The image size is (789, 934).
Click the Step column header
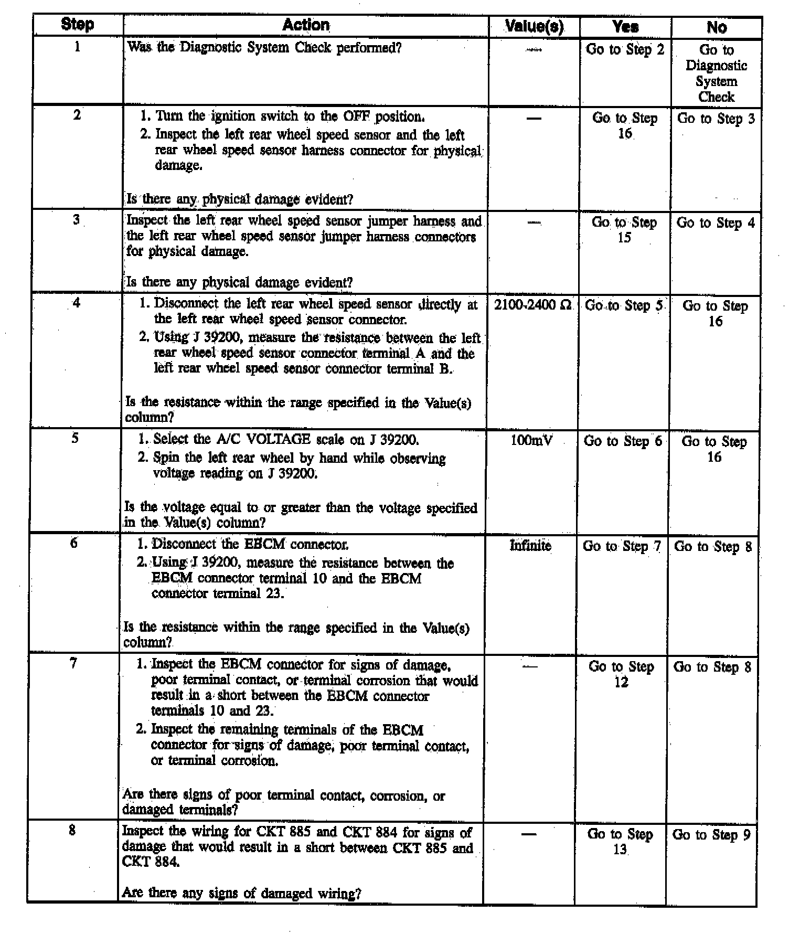point(78,25)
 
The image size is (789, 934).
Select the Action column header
point(306,25)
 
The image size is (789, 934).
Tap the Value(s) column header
point(534,26)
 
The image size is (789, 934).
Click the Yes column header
point(625,27)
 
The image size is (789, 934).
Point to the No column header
point(717,27)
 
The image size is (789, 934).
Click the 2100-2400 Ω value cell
point(532,305)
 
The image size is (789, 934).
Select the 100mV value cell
point(531,440)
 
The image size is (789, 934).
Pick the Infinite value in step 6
point(530,546)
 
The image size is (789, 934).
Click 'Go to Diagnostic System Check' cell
point(716,73)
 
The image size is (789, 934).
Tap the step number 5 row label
point(75,438)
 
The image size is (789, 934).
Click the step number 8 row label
point(72,831)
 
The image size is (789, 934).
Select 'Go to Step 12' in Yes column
point(621,674)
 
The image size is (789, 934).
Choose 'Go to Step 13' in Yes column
point(620,841)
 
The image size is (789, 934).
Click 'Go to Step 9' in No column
point(711,834)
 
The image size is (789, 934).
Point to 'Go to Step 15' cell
point(624,230)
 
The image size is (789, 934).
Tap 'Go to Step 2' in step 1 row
point(625,49)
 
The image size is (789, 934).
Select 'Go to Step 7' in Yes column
point(622,546)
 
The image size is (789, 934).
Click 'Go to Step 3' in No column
point(716,119)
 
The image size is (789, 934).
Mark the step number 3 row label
point(77,219)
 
